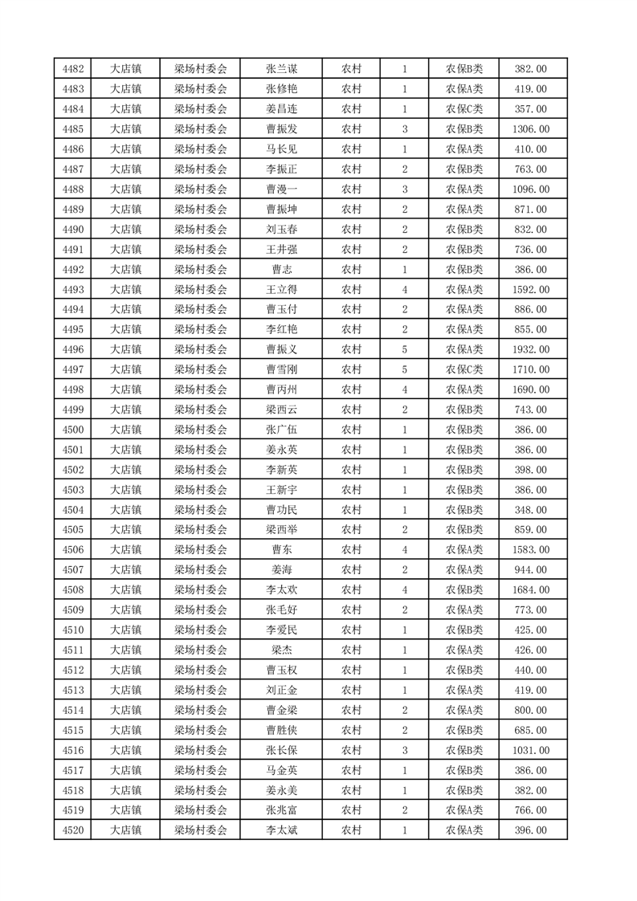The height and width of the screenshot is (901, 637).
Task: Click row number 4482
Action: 73,69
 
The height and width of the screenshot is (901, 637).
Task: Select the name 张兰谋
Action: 281,69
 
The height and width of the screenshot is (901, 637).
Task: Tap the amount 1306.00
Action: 530,129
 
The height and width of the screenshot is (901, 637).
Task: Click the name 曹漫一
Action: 281,190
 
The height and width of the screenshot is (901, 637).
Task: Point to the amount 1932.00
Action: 530,349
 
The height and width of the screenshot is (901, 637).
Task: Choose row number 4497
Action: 73,369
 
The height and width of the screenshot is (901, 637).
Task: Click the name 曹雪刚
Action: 281,369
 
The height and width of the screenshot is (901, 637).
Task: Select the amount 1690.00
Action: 530,389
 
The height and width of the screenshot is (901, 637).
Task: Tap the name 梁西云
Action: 281,410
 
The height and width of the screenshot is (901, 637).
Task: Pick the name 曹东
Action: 281,549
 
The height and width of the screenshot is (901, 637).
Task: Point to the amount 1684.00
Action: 530,589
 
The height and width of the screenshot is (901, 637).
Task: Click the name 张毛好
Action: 281,609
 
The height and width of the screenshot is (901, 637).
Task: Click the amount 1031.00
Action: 530,750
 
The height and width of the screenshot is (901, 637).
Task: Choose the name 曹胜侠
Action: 281,730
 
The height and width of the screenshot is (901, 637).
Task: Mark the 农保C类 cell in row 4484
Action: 463,109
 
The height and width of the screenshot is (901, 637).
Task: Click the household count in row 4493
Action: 405,289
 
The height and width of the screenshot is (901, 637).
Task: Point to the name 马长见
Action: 281,149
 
